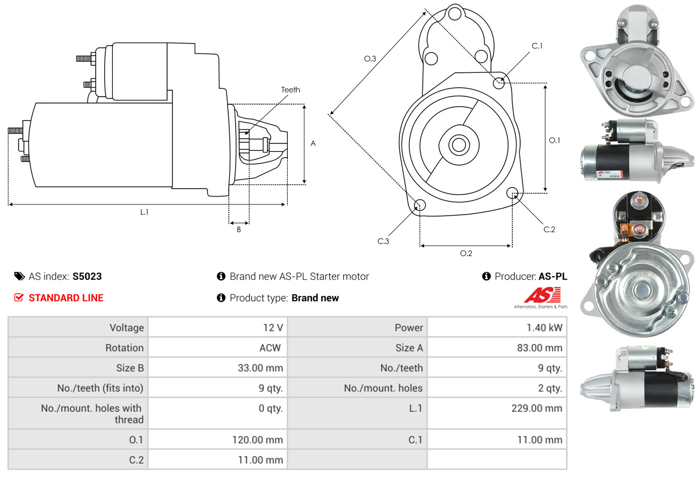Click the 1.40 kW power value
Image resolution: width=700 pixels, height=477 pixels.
pyautogui.click(x=544, y=328)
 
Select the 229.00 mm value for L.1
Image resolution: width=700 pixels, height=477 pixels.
pyautogui.click(x=537, y=408)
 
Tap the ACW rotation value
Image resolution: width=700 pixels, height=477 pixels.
pyautogui.click(x=269, y=348)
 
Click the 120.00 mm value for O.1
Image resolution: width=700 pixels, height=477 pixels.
pyautogui.click(x=257, y=440)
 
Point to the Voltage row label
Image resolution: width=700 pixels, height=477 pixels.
pyautogui.click(x=127, y=328)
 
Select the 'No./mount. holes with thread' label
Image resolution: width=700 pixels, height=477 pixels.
pyautogui.click(x=92, y=414)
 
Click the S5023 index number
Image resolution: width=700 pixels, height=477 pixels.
pyautogui.click(x=87, y=276)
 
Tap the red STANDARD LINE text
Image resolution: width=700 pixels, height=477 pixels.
pyautogui.click(x=66, y=298)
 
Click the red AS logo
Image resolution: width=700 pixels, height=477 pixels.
pyautogui.click(x=542, y=295)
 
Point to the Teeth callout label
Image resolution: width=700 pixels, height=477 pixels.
pyautogui.click(x=290, y=90)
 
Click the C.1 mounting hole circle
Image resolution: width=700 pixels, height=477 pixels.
pyautogui.click(x=499, y=83)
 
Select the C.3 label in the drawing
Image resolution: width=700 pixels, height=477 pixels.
pyautogui.click(x=384, y=241)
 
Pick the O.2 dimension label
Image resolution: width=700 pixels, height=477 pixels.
pyautogui.click(x=466, y=253)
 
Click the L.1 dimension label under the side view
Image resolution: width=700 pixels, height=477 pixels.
pyautogui.click(x=144, y=212)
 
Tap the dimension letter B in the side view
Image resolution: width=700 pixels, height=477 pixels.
pyautogui.click(x=239, y=229)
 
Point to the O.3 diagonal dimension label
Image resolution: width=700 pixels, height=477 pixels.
pyautogui.click(x=370, y=59)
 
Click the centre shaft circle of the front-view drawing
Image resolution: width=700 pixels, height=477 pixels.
pyautogui.click(x=457, y=144)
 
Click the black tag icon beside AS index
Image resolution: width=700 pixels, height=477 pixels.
pyautogui.click(x=20, y=276)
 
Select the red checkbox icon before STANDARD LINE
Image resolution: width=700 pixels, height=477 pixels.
pyautogui.click(x=19, y=298)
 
